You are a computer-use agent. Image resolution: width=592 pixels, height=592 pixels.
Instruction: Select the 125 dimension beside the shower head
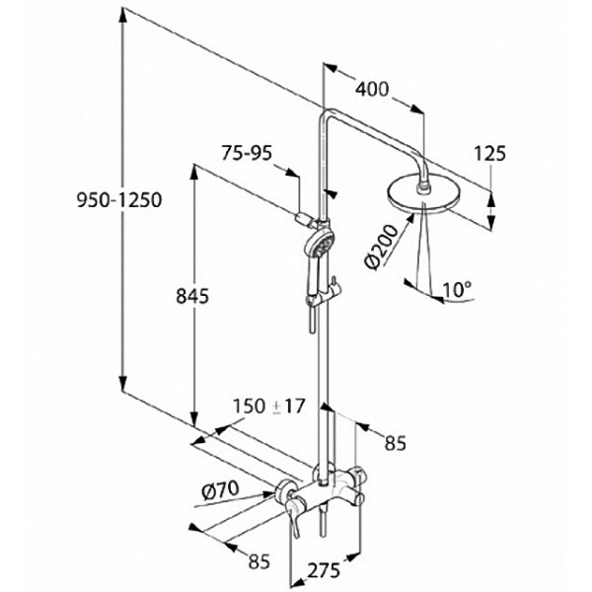coord(489,153)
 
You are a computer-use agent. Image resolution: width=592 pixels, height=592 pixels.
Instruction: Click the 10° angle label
coord(457,289)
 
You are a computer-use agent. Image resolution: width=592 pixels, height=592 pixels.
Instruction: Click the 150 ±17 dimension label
coord(265,407)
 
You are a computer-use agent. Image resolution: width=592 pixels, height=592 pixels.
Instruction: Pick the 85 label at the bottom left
coord(259,562)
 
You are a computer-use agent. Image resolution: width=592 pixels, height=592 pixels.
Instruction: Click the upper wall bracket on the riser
coord(307,212)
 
